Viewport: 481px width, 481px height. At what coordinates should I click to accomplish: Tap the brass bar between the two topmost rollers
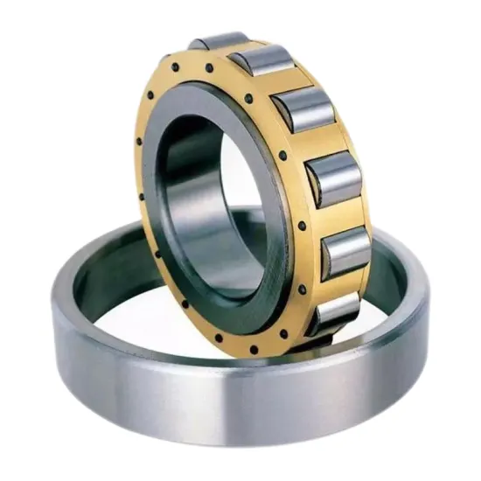click(x=237, y=49)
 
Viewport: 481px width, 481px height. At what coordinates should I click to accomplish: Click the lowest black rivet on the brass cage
click(x=254, y=351)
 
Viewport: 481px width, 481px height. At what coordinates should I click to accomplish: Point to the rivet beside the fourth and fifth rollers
click(x=301, y=226)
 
